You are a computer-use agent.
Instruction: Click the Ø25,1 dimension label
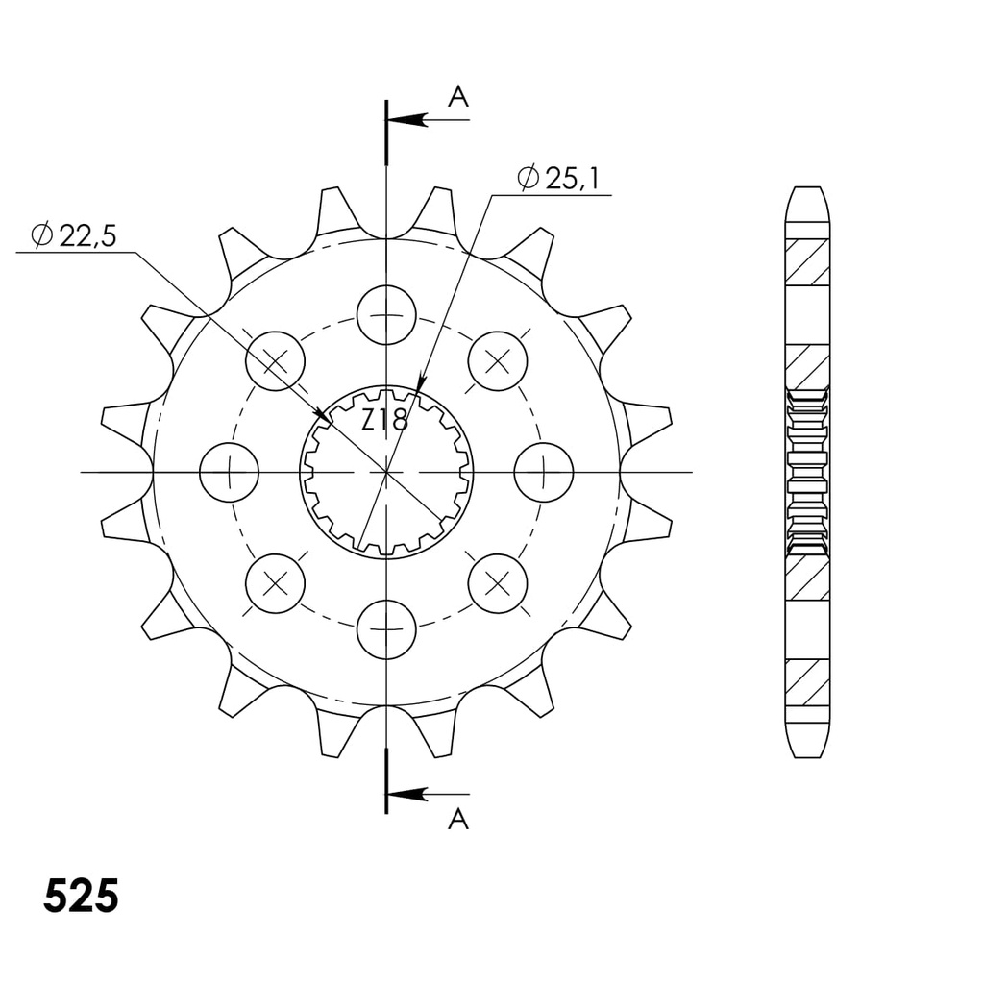[x=558, y=179]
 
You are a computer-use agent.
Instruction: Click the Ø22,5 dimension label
[x=74, y=235]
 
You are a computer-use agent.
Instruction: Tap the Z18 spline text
[x=384, y=419]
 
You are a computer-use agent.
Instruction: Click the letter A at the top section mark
[x=458, y=97]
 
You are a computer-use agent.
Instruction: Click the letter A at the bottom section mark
[x=458, y=819]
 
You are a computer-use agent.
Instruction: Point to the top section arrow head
[x=407, y=119]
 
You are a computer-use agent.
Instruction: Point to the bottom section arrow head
[x=407, y=795]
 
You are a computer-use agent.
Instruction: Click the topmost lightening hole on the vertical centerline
[x=386, y=314]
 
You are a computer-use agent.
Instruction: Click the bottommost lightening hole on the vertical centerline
[x=386, y=629]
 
